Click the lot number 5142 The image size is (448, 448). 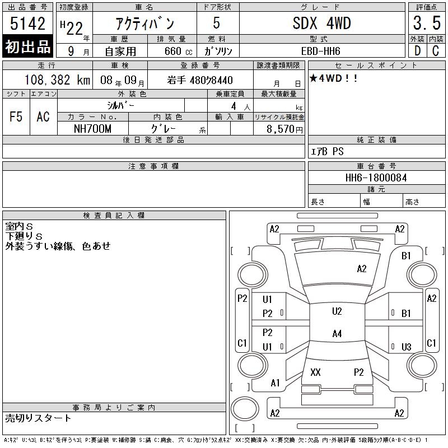[x=27, y=24]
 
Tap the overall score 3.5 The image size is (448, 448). [x=427, y=23]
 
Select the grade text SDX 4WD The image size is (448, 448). [x=321, y=23]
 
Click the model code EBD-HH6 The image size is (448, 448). [x=320, y=51]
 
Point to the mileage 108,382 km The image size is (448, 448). [x=57, y=80]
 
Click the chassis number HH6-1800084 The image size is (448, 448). [x=376, y=178]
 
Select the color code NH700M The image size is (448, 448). [x=92, y=129]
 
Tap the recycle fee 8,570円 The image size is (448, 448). [x=284, y=129]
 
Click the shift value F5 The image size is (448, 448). [x=16, y=116]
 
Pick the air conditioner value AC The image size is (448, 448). [x=43, y=116]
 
